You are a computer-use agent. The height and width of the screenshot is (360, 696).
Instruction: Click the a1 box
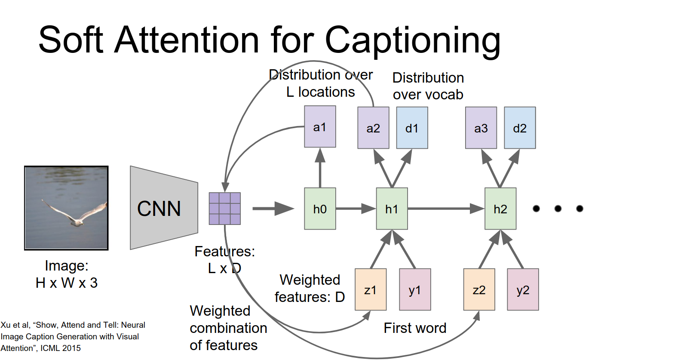(x=320, y=127)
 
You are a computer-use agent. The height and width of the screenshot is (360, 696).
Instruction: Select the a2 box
(x=373, y=128)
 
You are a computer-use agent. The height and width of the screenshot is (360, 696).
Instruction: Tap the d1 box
(x=412, y=128)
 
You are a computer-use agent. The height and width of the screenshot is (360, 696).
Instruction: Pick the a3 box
(x=481, y=128)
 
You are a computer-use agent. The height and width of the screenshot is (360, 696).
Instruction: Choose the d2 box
(x=520, y=128)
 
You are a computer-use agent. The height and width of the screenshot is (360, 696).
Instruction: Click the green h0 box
(x=320, y=209)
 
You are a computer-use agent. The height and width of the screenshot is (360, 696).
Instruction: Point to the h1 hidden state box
(x=392, y=209)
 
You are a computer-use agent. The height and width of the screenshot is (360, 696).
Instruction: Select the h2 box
(x=500, y=209)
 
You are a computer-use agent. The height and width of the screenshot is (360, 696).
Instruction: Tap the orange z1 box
(x=371, y=289)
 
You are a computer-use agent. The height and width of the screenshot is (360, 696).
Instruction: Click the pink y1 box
(x=415, y=289)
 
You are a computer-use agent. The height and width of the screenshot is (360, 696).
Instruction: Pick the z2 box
(x=479, y=289)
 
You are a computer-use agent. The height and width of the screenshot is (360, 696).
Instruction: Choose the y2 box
(x=523, y=289)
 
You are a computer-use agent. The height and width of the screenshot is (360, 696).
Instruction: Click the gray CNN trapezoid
(x=163, y=208)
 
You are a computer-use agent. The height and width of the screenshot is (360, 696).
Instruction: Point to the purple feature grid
(x=224, y=209)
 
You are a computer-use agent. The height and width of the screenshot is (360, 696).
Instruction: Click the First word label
(x=415, y=328)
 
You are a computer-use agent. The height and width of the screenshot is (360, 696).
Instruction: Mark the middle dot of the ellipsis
(x=558, y=209)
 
